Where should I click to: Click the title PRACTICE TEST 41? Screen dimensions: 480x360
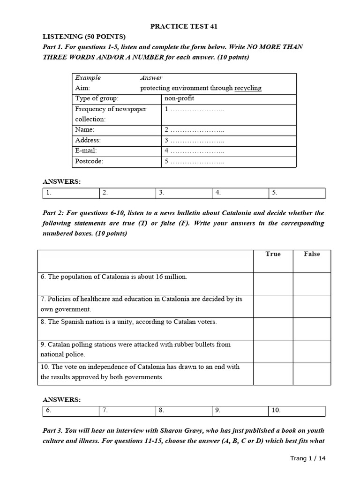pyautogui.click(x=183, y=26)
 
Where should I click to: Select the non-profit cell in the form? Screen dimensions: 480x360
pyautogui.click(x=179, y=98)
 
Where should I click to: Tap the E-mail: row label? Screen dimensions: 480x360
pyautogui.click(x=88, y=150)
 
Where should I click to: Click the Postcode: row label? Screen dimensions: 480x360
pyautogui.click(x=89, y=161)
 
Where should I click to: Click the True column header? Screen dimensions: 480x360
pyautogui.click(x=273, y=254)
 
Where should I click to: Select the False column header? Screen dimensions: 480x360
pyautogui.click(x=312, y=254)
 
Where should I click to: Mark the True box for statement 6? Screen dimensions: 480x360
pyautogui.click(x=273, y=284)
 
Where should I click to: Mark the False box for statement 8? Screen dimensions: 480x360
pyautogui.click(x=312, y=329)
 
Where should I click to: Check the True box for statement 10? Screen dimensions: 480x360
pyautogui.click(x=273, y=374)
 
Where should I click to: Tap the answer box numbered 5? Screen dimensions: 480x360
pyautogui.click(x=296, y=193)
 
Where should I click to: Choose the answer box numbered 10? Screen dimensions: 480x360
pyautogui.click(x=296, y=410)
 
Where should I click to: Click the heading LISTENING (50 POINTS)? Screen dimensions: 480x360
pyautogui.click(x=84, y=37)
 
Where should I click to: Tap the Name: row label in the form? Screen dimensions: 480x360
pyautogui.click(x=85, y=129)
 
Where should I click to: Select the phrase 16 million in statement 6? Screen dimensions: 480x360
pyautogui.click(x=171, y=277)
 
